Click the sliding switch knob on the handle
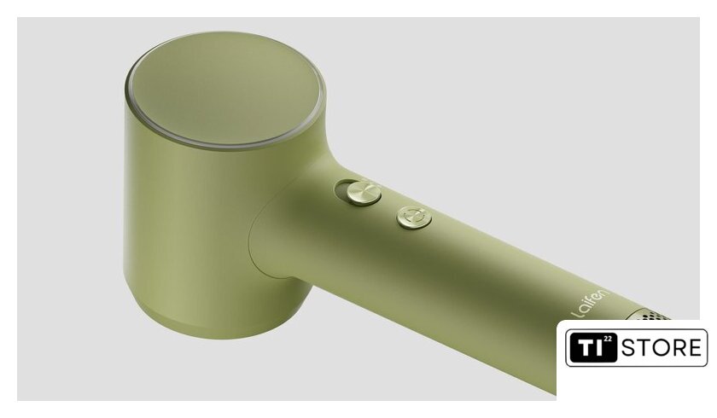click(364, 192)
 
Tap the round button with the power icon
click(414, 217)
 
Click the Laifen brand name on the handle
click(591, 303)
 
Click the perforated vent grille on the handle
click(651, 315)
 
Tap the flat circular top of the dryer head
click(224, 89)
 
